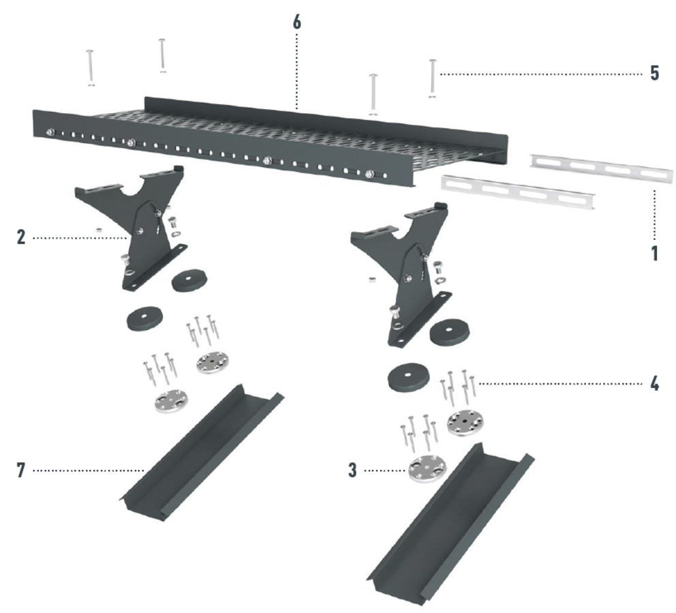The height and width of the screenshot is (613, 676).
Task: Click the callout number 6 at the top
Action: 296,23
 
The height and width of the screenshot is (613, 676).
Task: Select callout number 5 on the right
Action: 654,74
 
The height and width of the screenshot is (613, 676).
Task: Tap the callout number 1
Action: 655,253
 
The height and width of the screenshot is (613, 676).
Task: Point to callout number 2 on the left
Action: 21,237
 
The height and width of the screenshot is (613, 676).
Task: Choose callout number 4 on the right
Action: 654,383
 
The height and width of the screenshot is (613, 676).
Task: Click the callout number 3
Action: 353,470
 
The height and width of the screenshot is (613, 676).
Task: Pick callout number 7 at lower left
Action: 21,470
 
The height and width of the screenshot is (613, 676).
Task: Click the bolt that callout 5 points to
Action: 433,78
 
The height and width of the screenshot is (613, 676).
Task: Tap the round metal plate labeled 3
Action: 427,469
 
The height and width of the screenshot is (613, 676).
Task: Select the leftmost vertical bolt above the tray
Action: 90,68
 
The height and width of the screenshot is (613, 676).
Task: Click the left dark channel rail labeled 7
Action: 201,453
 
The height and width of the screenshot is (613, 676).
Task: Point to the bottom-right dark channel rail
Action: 450,522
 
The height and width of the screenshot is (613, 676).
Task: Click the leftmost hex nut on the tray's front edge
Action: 51,132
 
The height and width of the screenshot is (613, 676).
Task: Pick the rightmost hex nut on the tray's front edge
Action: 369,175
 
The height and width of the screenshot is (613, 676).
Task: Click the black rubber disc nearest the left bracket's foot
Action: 188,282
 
